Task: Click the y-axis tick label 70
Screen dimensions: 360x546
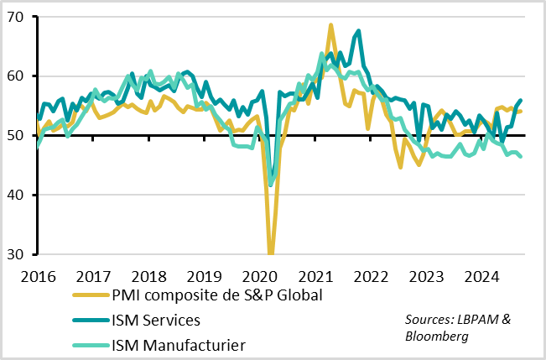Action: [17, 17]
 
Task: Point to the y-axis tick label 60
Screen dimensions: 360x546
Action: [17, 76]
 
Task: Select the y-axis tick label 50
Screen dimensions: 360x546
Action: [17, 135]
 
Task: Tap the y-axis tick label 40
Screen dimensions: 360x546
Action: [17, 195]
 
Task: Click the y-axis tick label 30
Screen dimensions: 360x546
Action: [17, 254]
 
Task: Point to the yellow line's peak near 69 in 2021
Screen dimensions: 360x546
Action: [330, 25]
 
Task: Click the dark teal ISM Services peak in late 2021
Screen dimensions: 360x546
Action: [359, 31]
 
